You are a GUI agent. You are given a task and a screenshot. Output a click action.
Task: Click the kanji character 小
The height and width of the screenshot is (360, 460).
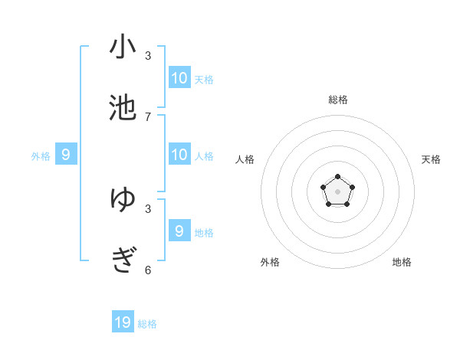pyautogui.click(x=123, y=47)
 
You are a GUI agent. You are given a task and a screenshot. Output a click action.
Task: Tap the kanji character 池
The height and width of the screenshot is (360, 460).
pyautogui.click(x=123, y=108)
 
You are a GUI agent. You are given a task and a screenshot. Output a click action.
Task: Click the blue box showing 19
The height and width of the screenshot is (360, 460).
pyautogui.click(x=123, y=322)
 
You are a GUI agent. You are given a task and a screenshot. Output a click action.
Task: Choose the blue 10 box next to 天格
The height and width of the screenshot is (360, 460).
pyautogui.click(x=179, y=77)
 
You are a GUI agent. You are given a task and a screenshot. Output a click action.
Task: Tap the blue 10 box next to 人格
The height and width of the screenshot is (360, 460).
pyautogui.click(x=179, y=155)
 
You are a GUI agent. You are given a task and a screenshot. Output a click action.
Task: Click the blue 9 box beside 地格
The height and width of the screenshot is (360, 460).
pyautogui.click(x=179, y=231)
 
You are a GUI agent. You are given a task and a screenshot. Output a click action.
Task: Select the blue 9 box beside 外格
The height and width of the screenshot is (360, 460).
pyautogui.click(x=66, y=155)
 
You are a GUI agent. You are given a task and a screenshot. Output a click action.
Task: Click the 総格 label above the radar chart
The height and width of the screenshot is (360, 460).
pyautogui.click(x=338, y=100)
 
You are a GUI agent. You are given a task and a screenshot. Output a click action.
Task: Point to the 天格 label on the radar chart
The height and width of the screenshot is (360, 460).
pyautogui.click(x=431, y=159)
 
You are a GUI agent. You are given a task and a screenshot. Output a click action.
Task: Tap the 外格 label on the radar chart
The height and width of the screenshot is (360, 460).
pyautogui.click(x=270, y=262)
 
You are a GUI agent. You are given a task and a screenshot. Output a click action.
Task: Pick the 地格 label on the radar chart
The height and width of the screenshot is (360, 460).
pyautogui.click(x=402, y=262)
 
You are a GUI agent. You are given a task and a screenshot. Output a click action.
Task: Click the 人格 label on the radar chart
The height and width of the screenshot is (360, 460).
pyautogui.click(x=245, y=159)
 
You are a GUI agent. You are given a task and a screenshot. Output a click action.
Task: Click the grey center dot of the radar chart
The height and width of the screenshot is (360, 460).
pyautogui.click(x=337, y=191)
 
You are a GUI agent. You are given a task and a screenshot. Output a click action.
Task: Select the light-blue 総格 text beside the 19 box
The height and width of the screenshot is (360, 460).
pyautogui.click(x=147, y=324)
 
